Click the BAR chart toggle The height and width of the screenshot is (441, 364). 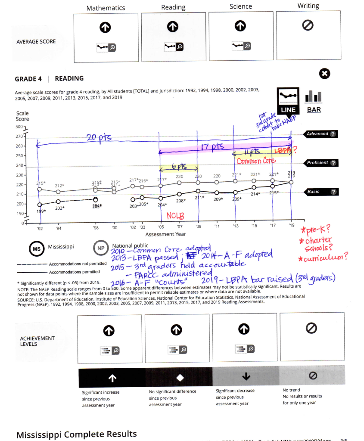pos(314,109)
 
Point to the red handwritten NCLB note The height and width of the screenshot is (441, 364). pos(175,215)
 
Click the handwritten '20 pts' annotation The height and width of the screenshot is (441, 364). pos(99,137)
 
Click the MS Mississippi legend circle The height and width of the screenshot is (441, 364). pos(35,249)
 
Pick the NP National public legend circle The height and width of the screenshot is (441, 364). pos(100,248)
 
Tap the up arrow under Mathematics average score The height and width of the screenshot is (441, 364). pos(106,27)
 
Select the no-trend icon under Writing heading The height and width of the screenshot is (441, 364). pos(308,26)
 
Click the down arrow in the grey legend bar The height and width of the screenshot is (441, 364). pos(246,377)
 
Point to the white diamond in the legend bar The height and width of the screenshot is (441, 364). pos(180,377)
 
